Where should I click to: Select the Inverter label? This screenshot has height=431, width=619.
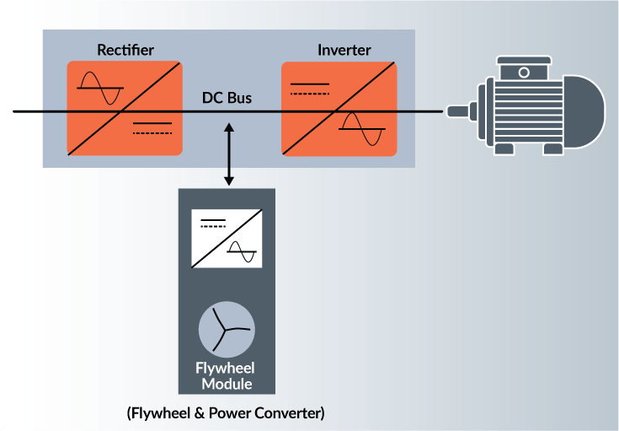pos(343,50)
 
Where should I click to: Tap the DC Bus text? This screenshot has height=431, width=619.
pos(227,98)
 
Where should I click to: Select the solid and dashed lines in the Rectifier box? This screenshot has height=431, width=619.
pos(152,128)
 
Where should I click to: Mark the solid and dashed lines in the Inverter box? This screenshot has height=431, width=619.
pos(309,89)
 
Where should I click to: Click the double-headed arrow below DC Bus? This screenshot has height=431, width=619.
pos(228,154)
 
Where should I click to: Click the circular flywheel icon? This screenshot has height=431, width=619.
pos(226,330)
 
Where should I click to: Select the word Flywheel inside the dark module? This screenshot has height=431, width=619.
pos(225,369)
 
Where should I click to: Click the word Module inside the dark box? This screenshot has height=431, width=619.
pos(225,384)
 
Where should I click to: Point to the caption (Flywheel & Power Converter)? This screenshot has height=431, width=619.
pos(225,414)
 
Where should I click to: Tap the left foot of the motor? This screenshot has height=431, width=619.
pos(504,148)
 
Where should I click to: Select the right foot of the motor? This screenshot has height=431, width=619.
pos(552,148)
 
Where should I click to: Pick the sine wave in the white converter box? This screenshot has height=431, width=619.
pos(242,251)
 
